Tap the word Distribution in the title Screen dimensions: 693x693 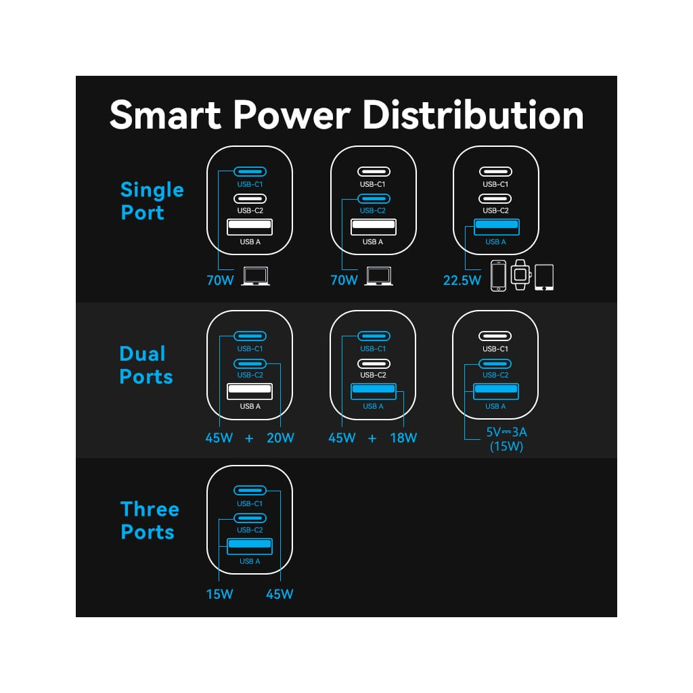[473, 114]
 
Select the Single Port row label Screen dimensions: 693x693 [152, 201]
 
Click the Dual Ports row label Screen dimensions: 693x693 [146, 365]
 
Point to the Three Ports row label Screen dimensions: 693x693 [149, 520]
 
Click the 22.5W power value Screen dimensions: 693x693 [461, 280]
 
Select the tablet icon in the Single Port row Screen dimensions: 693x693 [543, 277]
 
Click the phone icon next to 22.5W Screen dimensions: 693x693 [498, 275]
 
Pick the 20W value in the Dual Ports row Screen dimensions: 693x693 [280, 438]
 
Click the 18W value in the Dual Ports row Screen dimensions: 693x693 [403, 438]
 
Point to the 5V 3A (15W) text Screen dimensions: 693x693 [506, 439]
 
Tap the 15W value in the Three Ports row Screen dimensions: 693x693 [219, 594]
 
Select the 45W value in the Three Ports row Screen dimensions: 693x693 [280, 594]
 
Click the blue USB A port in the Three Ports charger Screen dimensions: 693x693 [250, 545]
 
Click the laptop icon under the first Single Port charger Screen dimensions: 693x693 [255, 276]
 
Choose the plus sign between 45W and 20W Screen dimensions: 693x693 [249, 439]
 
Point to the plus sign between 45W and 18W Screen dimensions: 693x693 [372, 439]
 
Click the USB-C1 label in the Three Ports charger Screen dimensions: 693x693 [250, 504]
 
